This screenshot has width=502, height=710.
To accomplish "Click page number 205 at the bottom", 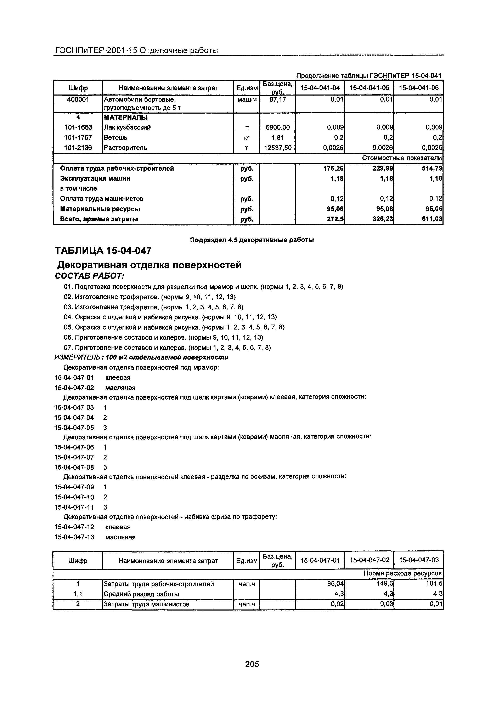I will [x=252, y=664].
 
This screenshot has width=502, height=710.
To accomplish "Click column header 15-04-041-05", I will [x=369, y=88].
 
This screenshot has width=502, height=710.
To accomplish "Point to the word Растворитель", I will [x=125, y=148].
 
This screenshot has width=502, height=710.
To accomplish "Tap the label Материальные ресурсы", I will [x=100, y=209].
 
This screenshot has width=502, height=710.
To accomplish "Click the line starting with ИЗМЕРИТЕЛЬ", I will [x=141, y=357].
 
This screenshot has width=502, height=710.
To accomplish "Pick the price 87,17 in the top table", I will [x=277, y=99].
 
